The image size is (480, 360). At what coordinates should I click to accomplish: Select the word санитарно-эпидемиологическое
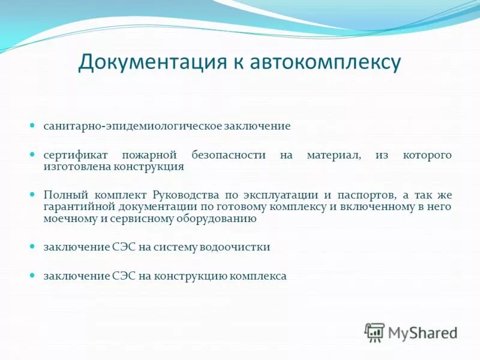click(132, 127)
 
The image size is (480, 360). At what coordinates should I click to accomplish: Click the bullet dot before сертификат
click(34, 155)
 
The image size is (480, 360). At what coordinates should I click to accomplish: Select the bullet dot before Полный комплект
click(34, 195)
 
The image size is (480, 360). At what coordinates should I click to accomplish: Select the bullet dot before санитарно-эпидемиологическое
click(34, 126)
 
